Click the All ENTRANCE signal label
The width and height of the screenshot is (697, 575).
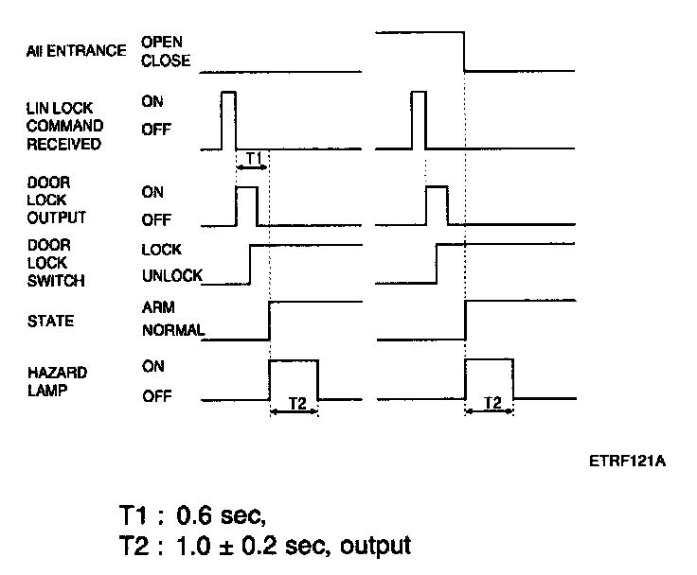pos(76,51)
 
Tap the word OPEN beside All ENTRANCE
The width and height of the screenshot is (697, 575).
pos(161,42)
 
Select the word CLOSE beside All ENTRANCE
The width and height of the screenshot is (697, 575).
pos(165,61)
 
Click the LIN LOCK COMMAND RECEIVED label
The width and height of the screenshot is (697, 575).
pos(64,127)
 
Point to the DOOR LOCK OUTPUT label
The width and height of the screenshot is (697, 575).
pos(56,199)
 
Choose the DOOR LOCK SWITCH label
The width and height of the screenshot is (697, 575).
pos(56,263)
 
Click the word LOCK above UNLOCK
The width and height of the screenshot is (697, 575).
pos(160,251)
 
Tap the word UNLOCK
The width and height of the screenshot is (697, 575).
pos(171,275)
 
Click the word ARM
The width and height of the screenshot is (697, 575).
pos(158,308)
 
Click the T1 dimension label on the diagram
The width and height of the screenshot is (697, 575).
pos(253,157)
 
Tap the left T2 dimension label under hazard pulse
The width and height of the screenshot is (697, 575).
pos(295,403)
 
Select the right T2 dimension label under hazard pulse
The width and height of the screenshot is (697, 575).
pos(491,403)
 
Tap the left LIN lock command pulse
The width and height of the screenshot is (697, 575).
pos(227,120)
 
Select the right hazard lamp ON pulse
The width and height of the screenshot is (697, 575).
pos(489,380)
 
